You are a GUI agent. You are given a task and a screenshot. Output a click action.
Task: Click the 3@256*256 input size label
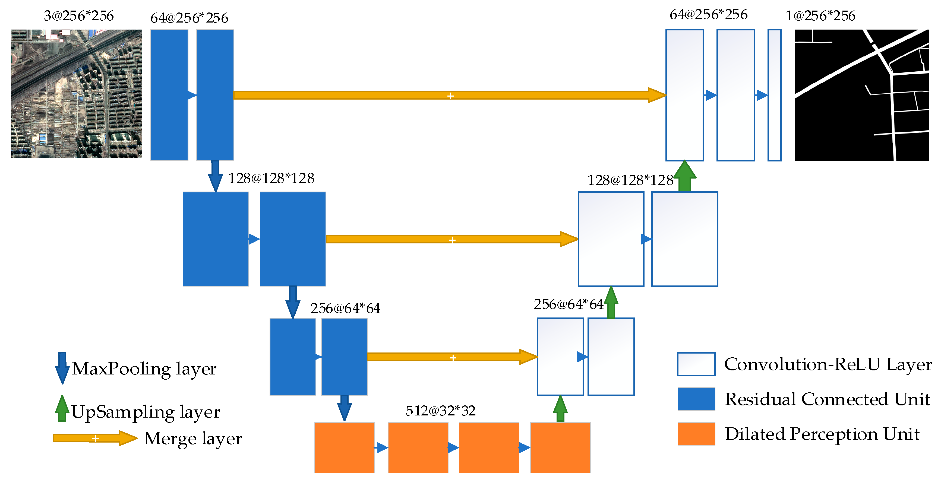click(78, 16)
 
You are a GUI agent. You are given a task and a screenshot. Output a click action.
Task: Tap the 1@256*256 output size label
click(820, 16)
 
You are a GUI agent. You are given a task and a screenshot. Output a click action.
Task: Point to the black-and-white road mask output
click(861, 95)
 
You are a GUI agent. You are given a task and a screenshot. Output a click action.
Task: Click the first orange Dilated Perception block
click(344, 447)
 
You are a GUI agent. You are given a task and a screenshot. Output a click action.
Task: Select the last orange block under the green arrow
click(560, 447)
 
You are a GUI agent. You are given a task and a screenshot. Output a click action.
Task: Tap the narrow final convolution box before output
click(774, 95)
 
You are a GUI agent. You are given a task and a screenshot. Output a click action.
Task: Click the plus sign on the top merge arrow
click(450, 96)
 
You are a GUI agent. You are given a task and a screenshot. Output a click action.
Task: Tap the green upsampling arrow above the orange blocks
click(560, 409)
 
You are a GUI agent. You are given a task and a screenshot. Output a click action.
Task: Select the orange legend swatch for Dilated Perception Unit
click(696, 434)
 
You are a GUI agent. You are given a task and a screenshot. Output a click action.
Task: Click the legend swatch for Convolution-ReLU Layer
click(696, 364)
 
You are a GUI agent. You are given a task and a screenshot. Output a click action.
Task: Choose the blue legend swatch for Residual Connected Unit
click(696, 399)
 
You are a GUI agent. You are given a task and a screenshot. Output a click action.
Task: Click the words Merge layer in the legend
click(193, 438)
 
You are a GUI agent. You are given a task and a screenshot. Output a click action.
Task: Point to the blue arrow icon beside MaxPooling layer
click(62, 368)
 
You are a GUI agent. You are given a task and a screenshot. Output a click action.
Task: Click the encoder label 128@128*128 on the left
click(271, 178)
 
